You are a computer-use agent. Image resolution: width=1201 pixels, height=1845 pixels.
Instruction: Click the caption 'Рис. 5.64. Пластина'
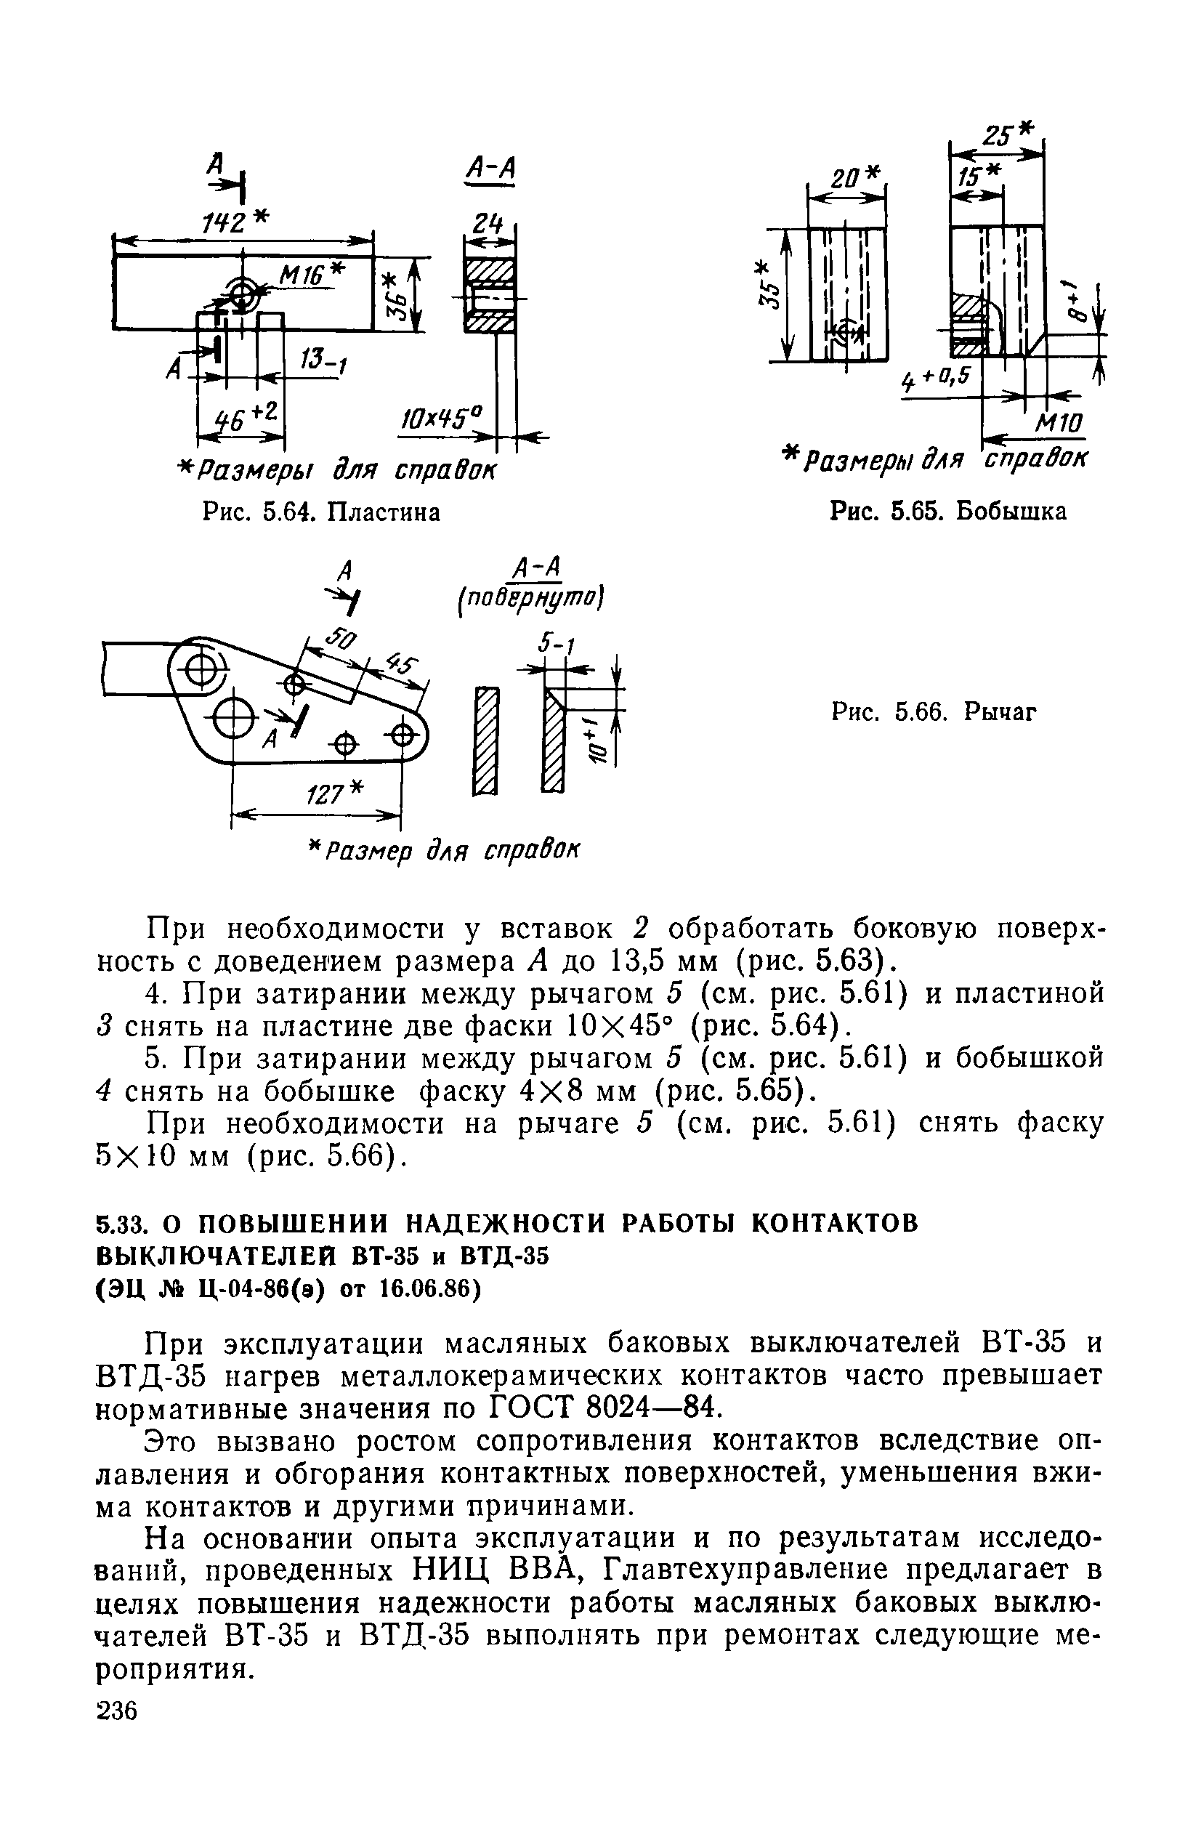320,512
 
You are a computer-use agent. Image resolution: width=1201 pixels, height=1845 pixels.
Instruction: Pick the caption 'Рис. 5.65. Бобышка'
947,512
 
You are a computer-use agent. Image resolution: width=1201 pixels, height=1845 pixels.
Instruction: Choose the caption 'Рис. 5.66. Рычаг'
934,711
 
